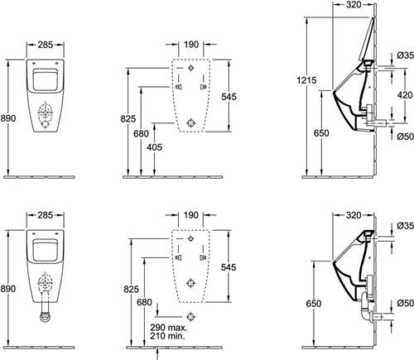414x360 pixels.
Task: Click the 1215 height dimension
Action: [x=306, y=80]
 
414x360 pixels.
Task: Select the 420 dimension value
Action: [x=405, y=95]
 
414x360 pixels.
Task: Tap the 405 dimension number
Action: [x=154, y=147]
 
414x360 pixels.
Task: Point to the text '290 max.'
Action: [x=169, y=328]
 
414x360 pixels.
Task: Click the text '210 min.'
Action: [x=167, y=336]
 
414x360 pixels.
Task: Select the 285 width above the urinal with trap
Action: [x=46, y=215]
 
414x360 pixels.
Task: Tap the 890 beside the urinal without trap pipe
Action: [x=8, y=118]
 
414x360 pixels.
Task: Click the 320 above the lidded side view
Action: [x=354, y=4]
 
